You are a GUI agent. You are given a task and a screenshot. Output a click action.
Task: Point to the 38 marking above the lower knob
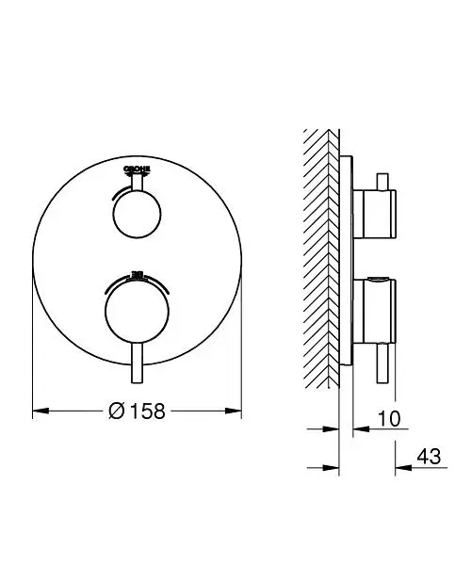click(x=138, y=275)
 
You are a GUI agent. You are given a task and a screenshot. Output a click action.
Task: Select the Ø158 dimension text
click(x=139, y=412)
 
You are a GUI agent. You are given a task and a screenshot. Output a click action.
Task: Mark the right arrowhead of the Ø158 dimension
click(x=239, y=412)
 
